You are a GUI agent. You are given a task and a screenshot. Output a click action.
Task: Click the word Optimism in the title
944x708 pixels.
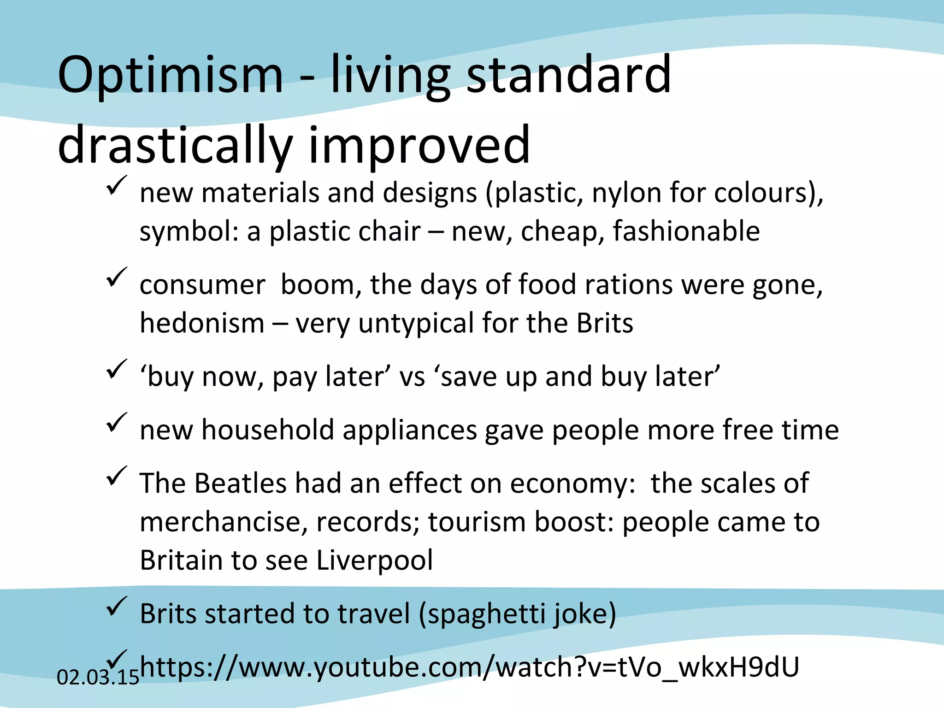pos(170,75)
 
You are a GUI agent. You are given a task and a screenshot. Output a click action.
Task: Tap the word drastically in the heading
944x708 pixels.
pos(175,146)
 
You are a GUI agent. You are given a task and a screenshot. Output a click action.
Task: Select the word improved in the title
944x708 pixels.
pos(419,146)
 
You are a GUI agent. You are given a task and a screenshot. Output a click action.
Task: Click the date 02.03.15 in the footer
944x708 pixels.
pos(97,677)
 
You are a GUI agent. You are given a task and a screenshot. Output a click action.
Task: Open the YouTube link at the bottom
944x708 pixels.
pos(469,667)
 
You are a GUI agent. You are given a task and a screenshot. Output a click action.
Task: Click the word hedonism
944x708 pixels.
pos(202,323)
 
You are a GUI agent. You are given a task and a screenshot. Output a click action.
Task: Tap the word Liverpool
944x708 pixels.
pos(375,560)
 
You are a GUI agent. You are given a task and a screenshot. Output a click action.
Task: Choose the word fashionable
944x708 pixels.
pos(686,231)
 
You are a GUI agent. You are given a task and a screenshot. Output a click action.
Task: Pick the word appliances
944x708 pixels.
pos(409,431)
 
